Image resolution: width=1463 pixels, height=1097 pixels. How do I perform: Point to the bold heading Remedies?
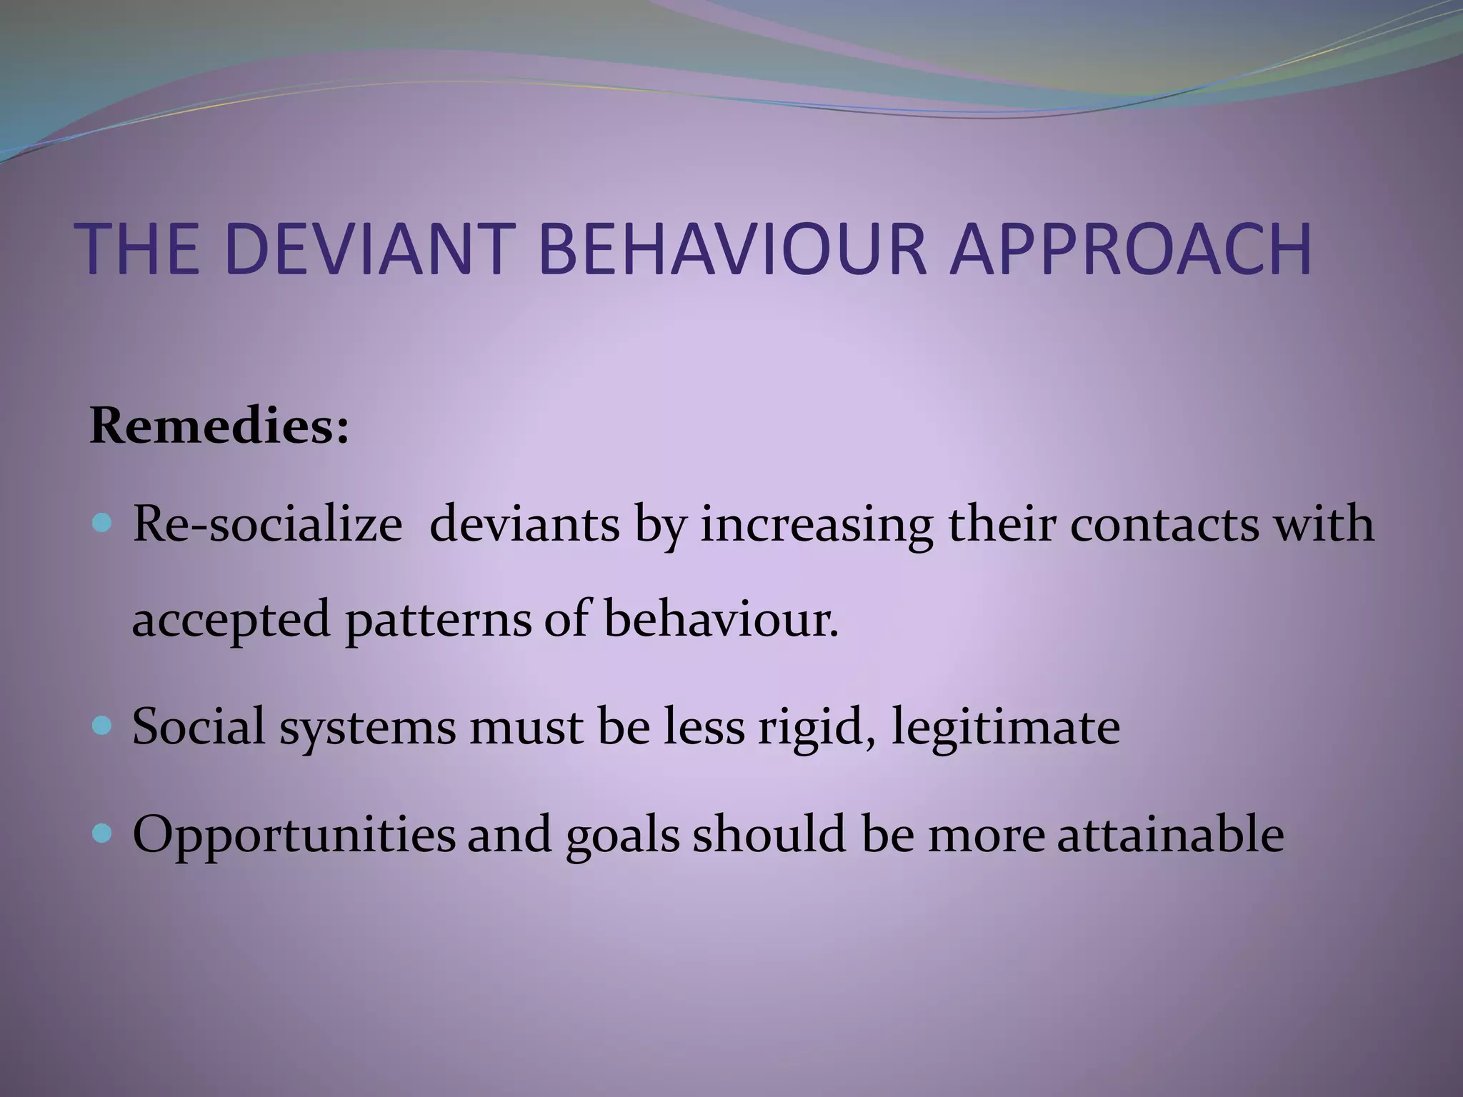(219, 426)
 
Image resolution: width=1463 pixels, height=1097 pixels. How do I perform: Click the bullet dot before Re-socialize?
(103, 525)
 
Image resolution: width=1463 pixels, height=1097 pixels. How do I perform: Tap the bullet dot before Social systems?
(103, 727)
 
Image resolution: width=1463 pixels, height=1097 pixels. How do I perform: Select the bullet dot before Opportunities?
(103, 833)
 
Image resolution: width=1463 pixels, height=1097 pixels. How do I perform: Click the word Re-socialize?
(267, 525)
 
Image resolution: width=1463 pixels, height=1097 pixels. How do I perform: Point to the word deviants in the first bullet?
(524, 525)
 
